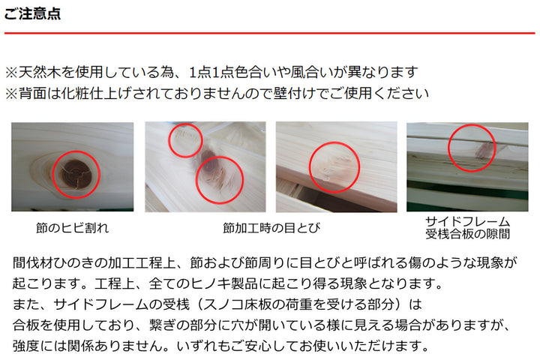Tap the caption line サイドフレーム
click(x=468, y=222)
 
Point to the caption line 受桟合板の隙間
click(x=468, y=234)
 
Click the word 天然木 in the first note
click(x=39, y=73)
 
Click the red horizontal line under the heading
click(x=270, y=33)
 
